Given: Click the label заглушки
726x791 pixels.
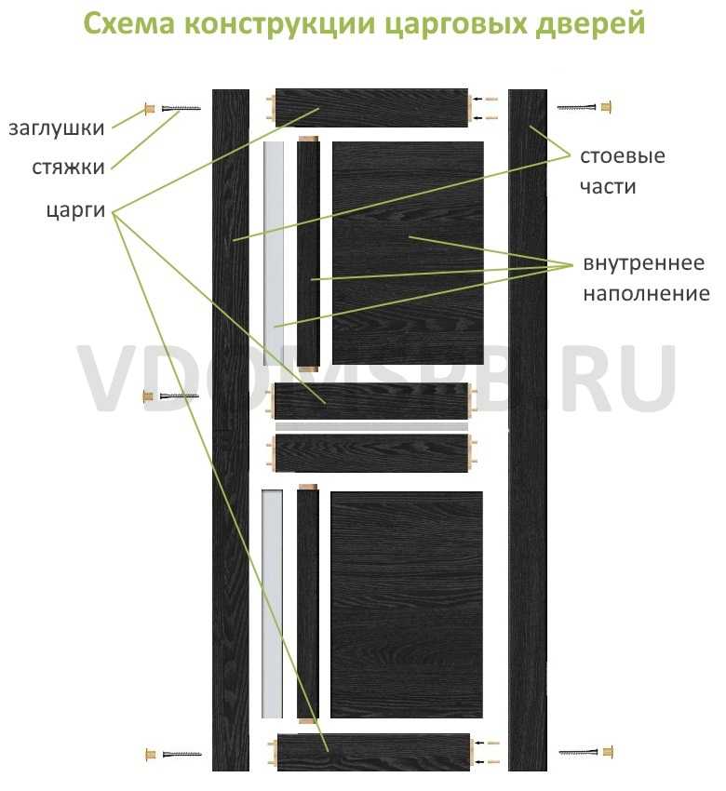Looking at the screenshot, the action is coord(57,128).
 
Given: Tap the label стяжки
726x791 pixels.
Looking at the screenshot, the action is coord(68,168).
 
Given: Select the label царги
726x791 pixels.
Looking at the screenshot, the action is coord(75,210).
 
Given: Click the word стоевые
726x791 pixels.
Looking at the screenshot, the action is coord(622,156).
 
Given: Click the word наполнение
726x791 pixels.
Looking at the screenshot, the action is coord(646,293).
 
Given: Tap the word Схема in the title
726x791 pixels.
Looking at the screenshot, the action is coord(129,22).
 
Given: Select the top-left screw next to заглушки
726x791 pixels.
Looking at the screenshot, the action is coord(181,109).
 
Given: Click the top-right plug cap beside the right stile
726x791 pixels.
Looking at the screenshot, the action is coord(606,107).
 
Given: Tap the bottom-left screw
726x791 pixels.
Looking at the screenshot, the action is coord(181,754).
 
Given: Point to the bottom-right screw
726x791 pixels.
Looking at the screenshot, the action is coord(578,752).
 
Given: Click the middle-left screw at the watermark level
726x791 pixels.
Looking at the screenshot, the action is coord(179,396).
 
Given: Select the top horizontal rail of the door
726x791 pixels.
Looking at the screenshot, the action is coord(371,108).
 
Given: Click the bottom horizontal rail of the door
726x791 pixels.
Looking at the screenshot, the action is coord(374,752).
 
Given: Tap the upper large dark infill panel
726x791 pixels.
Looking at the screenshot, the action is coord(408,252).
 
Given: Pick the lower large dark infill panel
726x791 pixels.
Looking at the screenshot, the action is coord(407,604).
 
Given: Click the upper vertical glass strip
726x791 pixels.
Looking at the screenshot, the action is coord(274,253).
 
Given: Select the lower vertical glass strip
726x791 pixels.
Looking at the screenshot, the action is coord(272,603).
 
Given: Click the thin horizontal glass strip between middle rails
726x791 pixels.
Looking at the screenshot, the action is coord(371,427).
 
